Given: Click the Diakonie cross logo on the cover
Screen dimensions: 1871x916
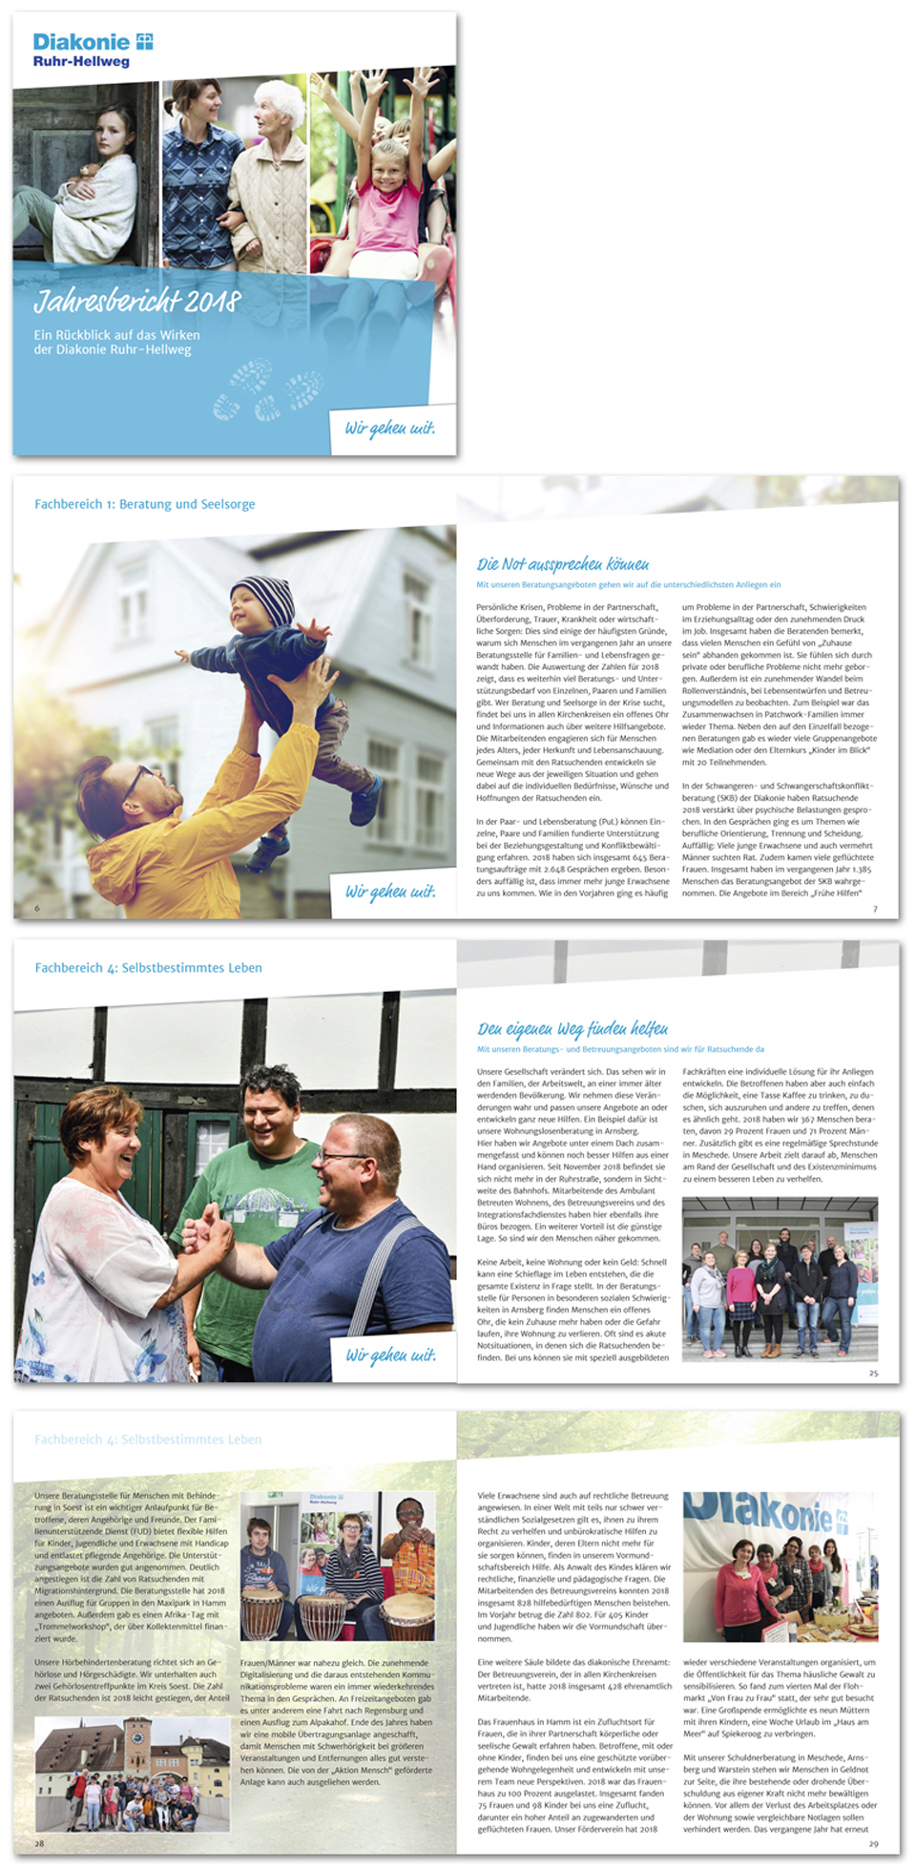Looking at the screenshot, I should click(x=145, y=41).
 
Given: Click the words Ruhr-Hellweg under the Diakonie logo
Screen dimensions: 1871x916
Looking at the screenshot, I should click(x=81, y=62).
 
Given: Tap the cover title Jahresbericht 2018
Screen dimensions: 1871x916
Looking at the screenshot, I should click(x=137, y=302).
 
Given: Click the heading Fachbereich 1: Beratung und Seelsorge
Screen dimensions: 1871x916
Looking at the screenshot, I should click(x=145, y=504).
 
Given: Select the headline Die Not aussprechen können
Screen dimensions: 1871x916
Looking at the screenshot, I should click(x=563, y=564).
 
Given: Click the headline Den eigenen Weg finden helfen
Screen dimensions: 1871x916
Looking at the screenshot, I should click(x=572, y=1028).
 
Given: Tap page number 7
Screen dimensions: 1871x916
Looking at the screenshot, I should click(x=875, y=909).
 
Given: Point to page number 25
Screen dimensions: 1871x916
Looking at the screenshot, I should click(x=873, y=1373).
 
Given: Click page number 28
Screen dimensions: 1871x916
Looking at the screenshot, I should click(x=39, y=1843).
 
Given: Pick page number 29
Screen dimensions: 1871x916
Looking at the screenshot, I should click(x=873, y=1843).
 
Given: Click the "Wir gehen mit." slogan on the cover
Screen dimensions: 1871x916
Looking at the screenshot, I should click(x=390, y=428).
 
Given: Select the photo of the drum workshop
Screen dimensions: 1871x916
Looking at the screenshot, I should click(x=338, y=1566).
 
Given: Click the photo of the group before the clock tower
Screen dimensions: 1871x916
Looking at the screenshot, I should click(x=132, y=1774).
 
